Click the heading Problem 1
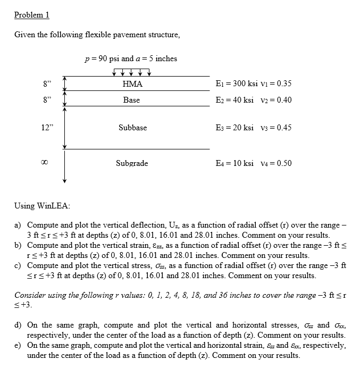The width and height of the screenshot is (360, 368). coord(31,15)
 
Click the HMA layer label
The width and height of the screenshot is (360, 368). coord(132,84)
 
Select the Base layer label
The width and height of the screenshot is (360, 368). coord(131,100)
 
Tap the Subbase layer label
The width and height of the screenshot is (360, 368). coord(133,128)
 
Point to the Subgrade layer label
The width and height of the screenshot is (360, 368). coord(132,163)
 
